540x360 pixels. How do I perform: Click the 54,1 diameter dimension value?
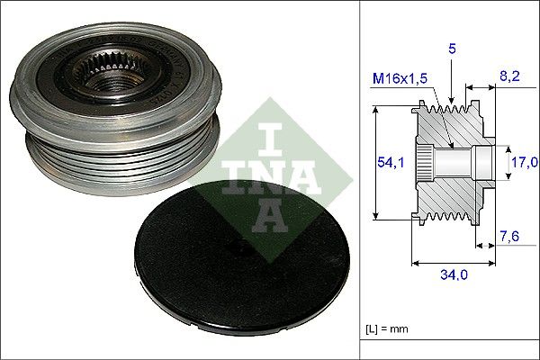pos(391,162)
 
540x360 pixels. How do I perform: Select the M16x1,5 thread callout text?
pos(400,79)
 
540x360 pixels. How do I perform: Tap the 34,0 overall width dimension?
pos(454,274)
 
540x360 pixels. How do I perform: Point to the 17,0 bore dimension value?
pos(524,162)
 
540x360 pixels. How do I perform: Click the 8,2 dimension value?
pos(509,76)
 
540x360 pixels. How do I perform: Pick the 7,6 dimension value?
pos(509,237)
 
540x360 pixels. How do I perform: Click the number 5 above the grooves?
pos(452,49)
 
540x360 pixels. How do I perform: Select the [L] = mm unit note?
pos(387,328)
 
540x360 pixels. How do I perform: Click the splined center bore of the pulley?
pos(110,74)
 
